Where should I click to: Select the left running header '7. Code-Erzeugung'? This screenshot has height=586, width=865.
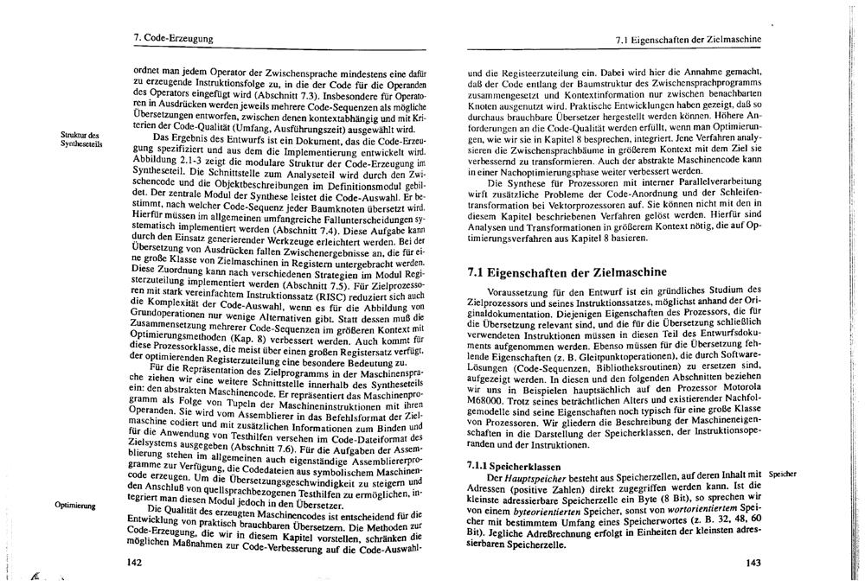[173, 38]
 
